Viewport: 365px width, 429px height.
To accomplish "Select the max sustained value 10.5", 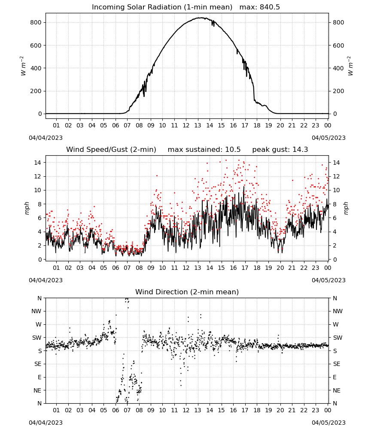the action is pos(233,150).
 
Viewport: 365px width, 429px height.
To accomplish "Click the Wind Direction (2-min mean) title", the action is pos(187,292).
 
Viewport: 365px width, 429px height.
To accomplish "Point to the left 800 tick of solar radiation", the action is pos(36,22).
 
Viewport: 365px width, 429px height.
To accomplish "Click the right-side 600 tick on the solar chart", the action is pos(338,45).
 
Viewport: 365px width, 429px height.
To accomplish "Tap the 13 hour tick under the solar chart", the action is pos(198,125).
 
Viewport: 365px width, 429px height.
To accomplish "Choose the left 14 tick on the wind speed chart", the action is pos(38,163).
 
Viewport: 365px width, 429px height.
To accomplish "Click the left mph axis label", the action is pos(27,208).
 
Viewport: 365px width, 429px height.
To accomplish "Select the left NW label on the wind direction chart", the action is pos(36,311).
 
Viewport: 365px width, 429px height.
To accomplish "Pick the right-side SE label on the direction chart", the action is pos(337,364).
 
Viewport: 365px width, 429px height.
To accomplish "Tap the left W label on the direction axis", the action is pos(39,324).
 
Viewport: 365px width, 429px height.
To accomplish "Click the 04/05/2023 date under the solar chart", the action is pos(328,138).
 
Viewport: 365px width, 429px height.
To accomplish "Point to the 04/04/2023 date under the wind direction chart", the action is pos(46,423).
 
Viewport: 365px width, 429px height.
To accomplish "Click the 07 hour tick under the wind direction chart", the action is pos(127,410).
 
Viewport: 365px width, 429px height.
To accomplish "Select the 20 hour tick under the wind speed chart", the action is pos(280,268).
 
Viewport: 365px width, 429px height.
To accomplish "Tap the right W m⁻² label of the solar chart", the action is pos(350,66).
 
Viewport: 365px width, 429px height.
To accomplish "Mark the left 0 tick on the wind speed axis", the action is pos(40,260).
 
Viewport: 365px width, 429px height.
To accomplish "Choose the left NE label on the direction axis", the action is pos(37,390).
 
